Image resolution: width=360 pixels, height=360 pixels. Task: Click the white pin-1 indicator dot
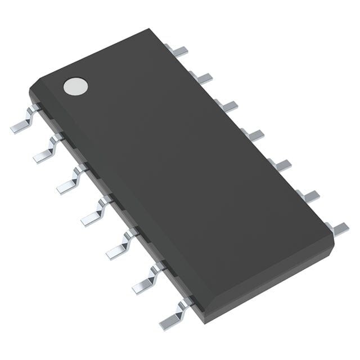[76, 85]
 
